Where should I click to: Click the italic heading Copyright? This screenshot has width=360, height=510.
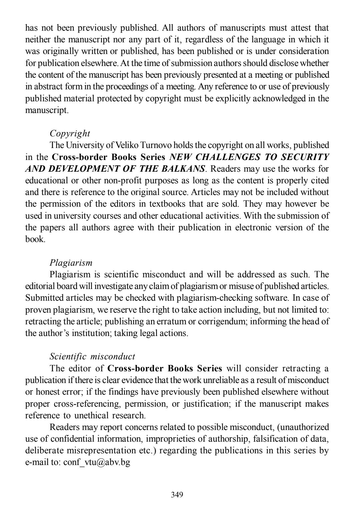70,133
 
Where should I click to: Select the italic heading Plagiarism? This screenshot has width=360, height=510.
71,263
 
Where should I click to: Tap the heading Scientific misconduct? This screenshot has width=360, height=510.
92,357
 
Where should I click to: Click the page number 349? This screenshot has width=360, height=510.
177,494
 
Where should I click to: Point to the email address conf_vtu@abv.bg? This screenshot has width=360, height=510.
97,462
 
